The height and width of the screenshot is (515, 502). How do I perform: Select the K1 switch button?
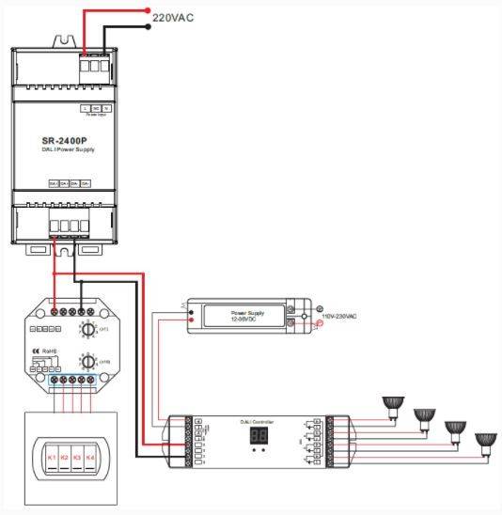coord(51,458)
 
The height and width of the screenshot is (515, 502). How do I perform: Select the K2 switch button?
coord(64,458)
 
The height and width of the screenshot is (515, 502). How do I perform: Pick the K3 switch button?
coord(77,458)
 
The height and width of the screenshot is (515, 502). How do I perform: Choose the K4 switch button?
coord(90,458)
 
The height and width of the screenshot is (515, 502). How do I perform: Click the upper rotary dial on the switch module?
coord(89,332)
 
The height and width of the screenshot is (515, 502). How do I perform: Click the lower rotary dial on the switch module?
coord(89,362)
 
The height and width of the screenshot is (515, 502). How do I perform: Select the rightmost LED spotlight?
coord(486,439)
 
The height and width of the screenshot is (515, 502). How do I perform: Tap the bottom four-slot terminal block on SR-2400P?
coord(67,226)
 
